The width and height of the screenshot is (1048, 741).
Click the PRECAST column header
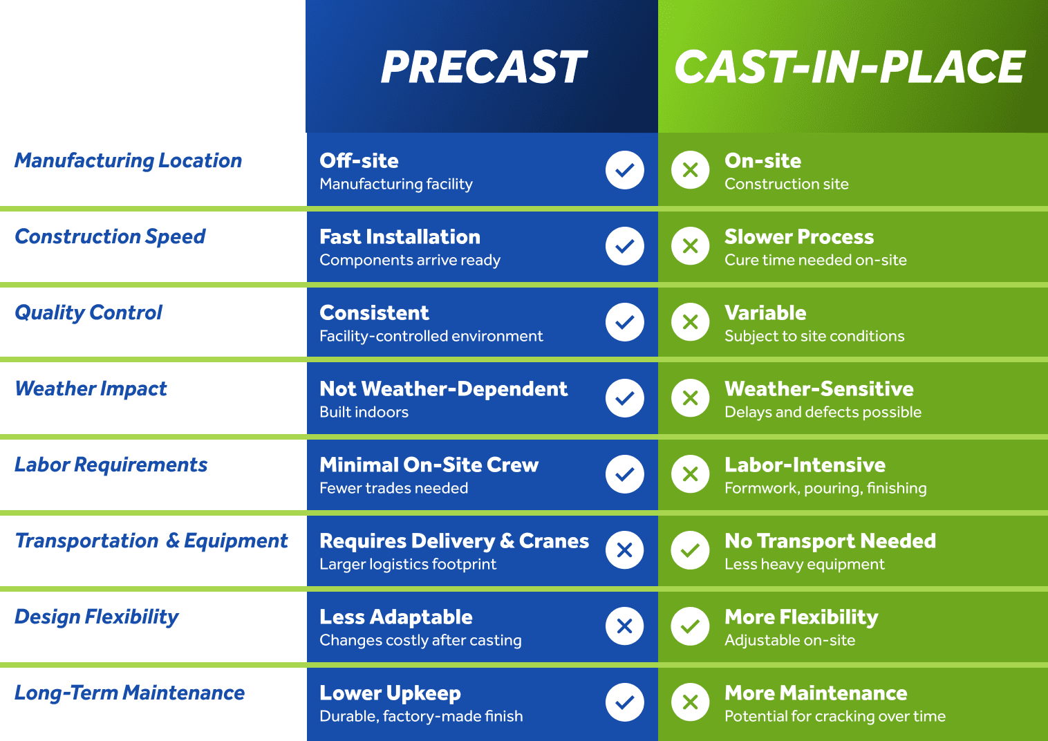pos(483,67)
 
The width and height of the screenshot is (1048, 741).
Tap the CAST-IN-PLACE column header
pos(850,67)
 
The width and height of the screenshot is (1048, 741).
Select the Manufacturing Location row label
pos(128,160)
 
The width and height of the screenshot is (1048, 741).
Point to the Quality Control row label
pos(88,313)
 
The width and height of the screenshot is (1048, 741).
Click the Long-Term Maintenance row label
pos(129,693)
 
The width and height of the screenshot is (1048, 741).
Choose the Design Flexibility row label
pos(96,617)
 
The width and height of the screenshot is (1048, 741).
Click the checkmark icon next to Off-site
pos(625,170)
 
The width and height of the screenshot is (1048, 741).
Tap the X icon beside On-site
pos(690,170)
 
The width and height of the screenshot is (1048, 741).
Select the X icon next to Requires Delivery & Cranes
pos(625,550)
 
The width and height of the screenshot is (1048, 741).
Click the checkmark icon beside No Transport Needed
pos(690,550)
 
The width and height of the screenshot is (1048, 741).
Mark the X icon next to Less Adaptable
pos(625,626)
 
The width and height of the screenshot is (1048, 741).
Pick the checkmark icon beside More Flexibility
pos(690,626)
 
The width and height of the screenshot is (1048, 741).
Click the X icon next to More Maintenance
pos(690,702)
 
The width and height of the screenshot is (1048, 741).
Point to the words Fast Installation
pos(400,236)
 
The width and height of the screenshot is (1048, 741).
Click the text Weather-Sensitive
pos(819,388)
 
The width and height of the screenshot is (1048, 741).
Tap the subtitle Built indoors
pos(364,412)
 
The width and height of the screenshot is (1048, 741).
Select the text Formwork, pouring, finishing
pos(826,489)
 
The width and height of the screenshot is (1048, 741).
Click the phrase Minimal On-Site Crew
pos(429,465)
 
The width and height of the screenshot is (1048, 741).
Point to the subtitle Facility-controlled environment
pos(431,337)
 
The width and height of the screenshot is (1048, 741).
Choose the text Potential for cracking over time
pos(835,717)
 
